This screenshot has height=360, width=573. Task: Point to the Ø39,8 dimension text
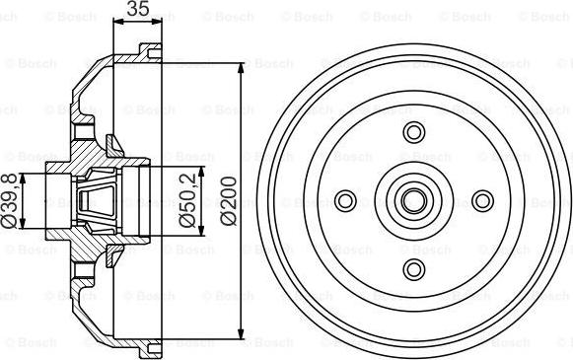pos(9,201)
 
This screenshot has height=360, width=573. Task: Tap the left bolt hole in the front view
pos(346,201)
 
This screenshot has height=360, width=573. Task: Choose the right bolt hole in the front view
pos(482,201)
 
